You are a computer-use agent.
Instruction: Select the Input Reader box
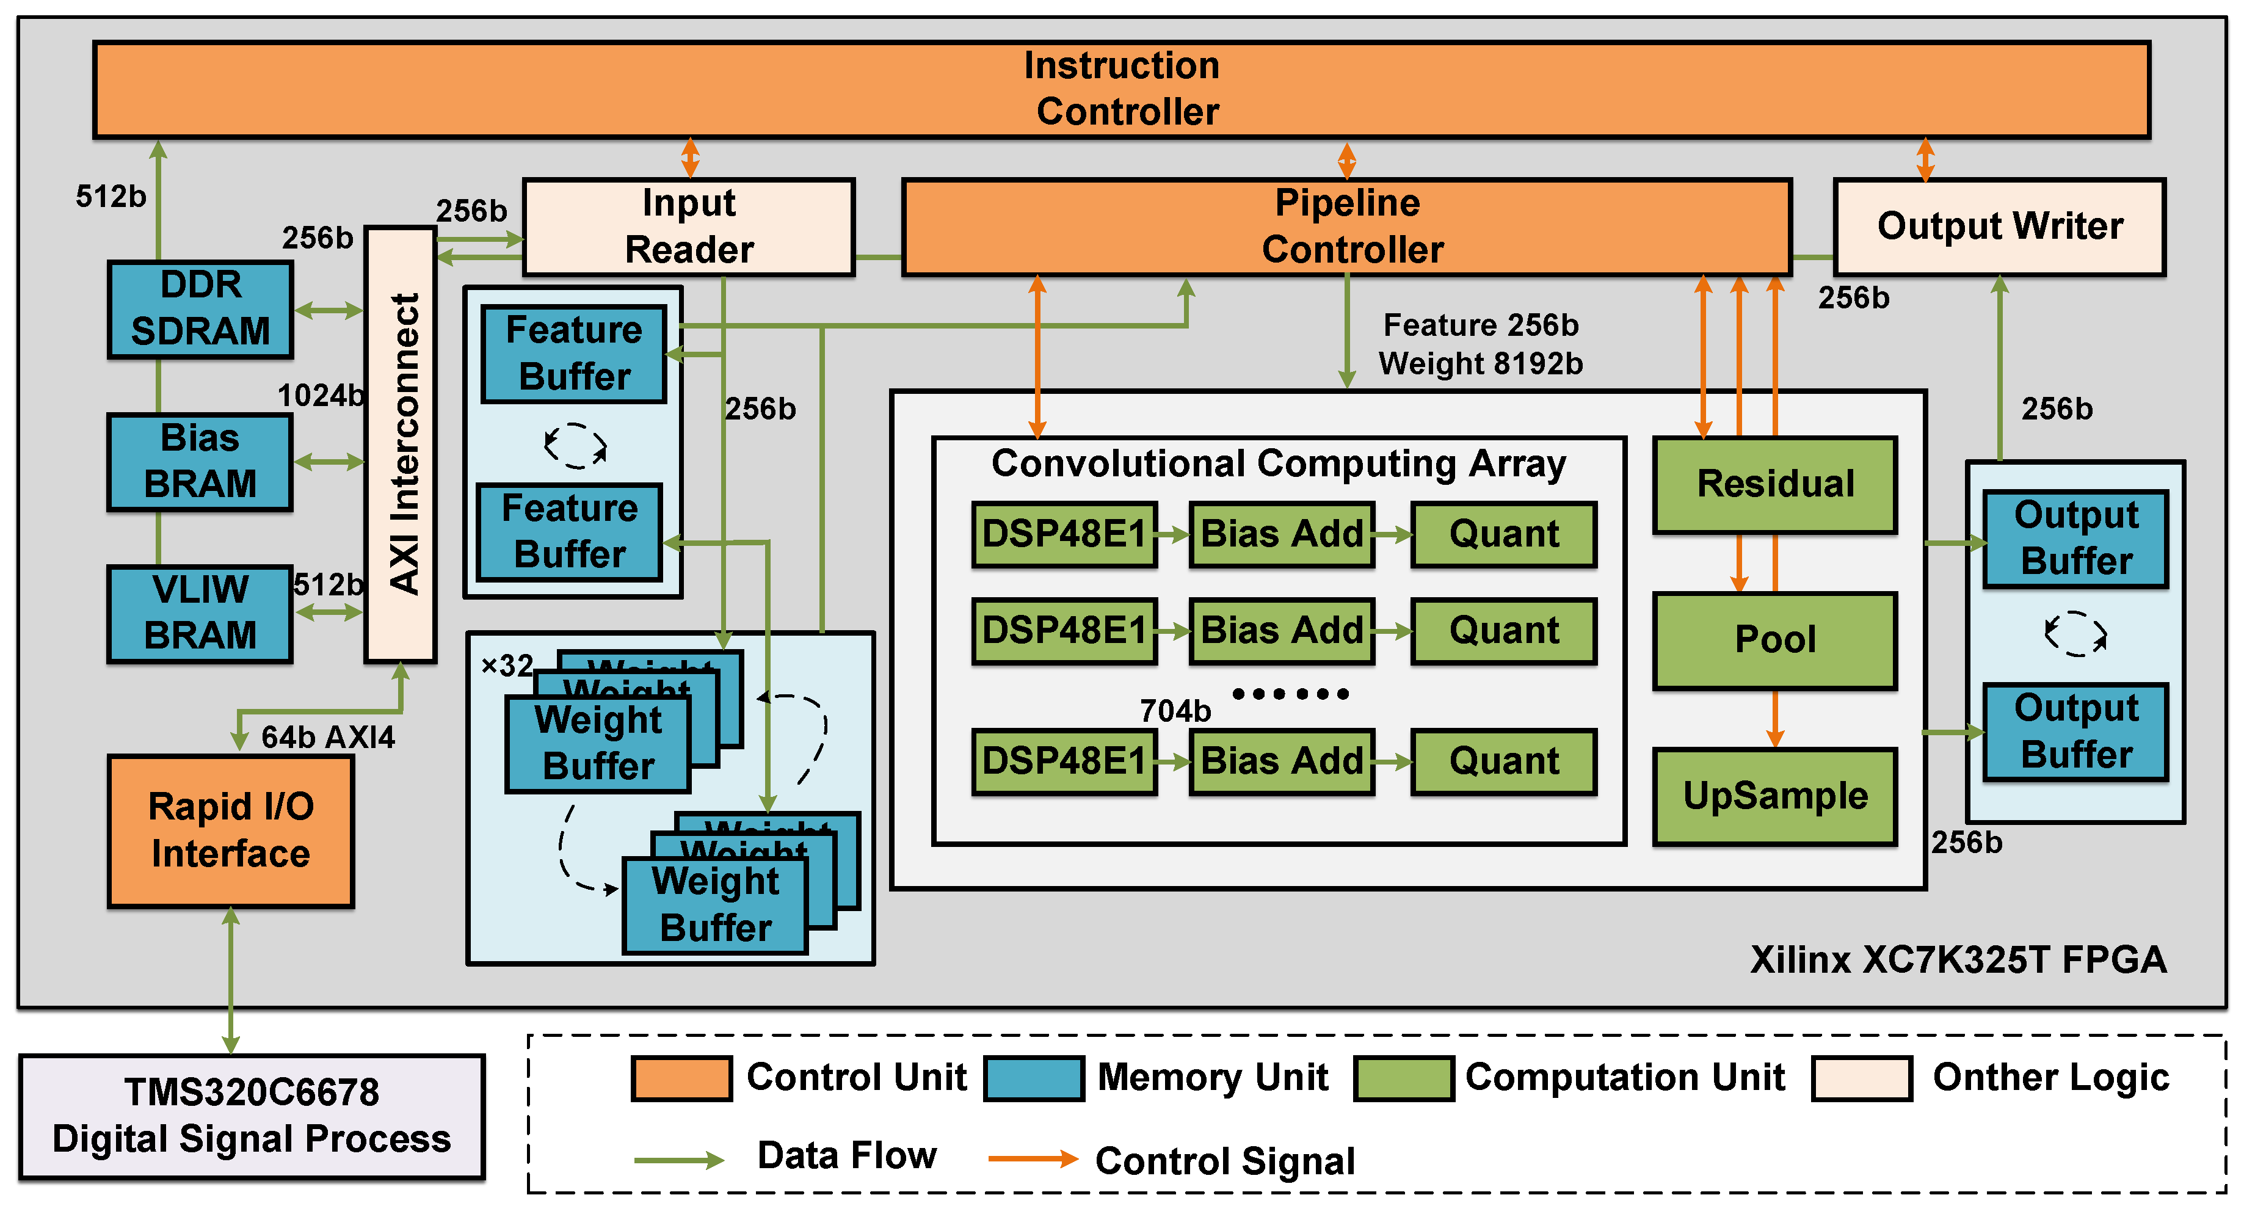pos(688,227)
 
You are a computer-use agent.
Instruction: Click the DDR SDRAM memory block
pos(200,308)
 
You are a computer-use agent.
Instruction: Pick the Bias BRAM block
pos(200,461)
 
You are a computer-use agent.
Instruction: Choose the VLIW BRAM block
pos(200,612)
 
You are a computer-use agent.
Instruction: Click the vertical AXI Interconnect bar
pos(401,445)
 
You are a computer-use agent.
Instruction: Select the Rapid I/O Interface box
pos(231,830)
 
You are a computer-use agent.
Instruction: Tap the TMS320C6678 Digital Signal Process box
pos(252,1116)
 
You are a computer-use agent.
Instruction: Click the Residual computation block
pos(1775,484)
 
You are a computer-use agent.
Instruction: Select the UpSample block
pos(1775,796)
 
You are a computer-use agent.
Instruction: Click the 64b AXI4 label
pos(327,738)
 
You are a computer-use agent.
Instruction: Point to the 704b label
pos(1175,711)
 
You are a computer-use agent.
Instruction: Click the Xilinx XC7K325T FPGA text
pos(1958,960)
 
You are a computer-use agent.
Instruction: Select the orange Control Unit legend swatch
pos(681,1078)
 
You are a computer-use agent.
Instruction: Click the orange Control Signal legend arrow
pos(1033,1158)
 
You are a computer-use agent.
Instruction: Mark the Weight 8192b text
pos(1480,363)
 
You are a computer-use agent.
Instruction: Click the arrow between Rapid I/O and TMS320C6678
pos(231,980)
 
